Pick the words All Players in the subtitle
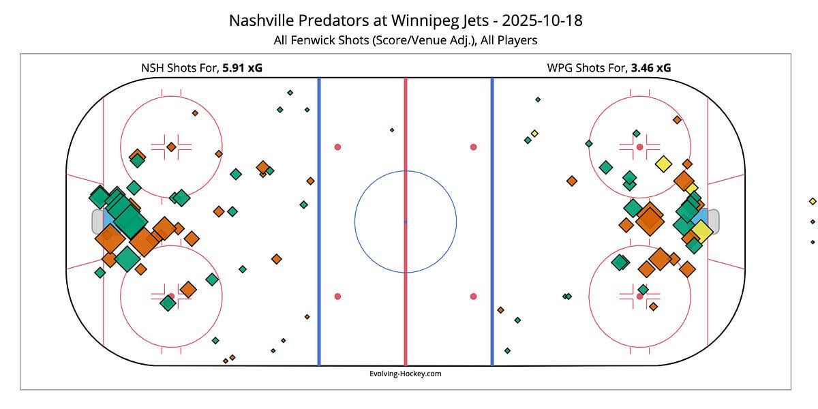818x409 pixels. tap(509, 40)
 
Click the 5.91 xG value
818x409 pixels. tap(243, 67)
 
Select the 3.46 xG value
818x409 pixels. tap(650, 67)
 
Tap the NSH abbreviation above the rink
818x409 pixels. tap(152, 67)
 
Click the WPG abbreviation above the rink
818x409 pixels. tap(560, 67)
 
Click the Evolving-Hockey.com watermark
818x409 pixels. tap(406, 374)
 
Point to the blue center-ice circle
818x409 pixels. tap(406, 171)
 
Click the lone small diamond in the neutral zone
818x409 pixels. tap(392, 130)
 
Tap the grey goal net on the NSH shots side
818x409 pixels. tap(97, 222)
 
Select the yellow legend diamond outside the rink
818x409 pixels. tap(813, 201)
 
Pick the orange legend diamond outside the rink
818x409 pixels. tap(813, 222)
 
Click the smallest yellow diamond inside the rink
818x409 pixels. tap(534, 133)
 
